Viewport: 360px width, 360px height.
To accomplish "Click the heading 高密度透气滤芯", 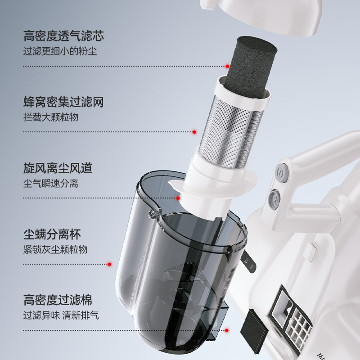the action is [x=63, y=36].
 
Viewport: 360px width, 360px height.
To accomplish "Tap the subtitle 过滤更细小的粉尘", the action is [x=60, y=51].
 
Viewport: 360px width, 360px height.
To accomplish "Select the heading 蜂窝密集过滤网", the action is [x=63, y=102].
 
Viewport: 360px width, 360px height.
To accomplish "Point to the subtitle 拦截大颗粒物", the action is [x=51, y=117].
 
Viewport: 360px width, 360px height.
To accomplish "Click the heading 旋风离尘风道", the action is [x=58, y=168].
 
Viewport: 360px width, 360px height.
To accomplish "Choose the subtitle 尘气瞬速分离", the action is [x=51, y=184].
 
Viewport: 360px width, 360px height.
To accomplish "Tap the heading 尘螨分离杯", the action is [x=52, y=234].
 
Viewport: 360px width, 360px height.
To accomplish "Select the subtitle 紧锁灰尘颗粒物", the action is [x=55, y=249].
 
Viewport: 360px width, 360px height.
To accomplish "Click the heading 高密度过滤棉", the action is [x=58, y=300].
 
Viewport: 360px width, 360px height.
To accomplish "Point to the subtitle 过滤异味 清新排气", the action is [x=61, y=315].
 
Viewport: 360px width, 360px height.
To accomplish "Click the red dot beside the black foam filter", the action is [x=227, y=66].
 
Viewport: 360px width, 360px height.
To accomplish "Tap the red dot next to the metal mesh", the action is [x=194, y=132].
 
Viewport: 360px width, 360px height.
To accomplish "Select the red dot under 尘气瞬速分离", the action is [x=178, y=198].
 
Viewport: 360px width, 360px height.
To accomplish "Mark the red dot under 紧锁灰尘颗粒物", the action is [x=109, y=264].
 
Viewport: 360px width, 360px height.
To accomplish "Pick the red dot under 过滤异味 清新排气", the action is [x=227, y=330].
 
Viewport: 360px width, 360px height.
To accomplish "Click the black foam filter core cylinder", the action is [x=252, y=67].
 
